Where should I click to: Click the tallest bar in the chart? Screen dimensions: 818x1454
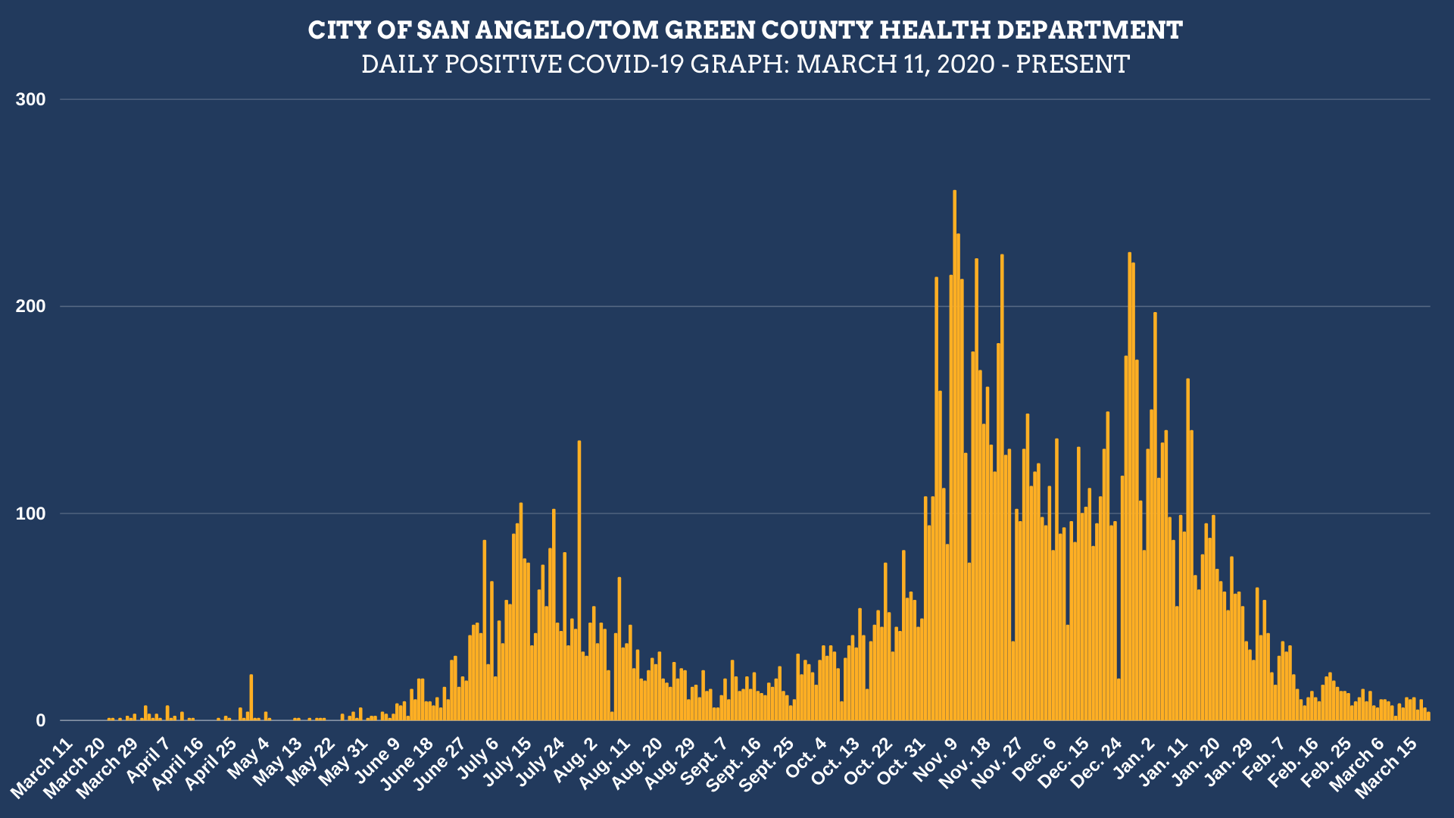click(x=954, y=454)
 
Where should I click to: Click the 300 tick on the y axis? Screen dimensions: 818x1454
click(x=30, y=100)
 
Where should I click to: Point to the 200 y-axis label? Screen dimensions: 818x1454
click(x=30, y=307)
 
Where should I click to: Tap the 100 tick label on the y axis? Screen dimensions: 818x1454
click(x=30, y=514)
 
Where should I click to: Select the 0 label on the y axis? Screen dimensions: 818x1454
click(x=40, y=721)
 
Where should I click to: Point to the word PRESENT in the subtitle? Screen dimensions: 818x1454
click(x=1072, y=64)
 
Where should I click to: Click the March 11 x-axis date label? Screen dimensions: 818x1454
click(x=42, y=766)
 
